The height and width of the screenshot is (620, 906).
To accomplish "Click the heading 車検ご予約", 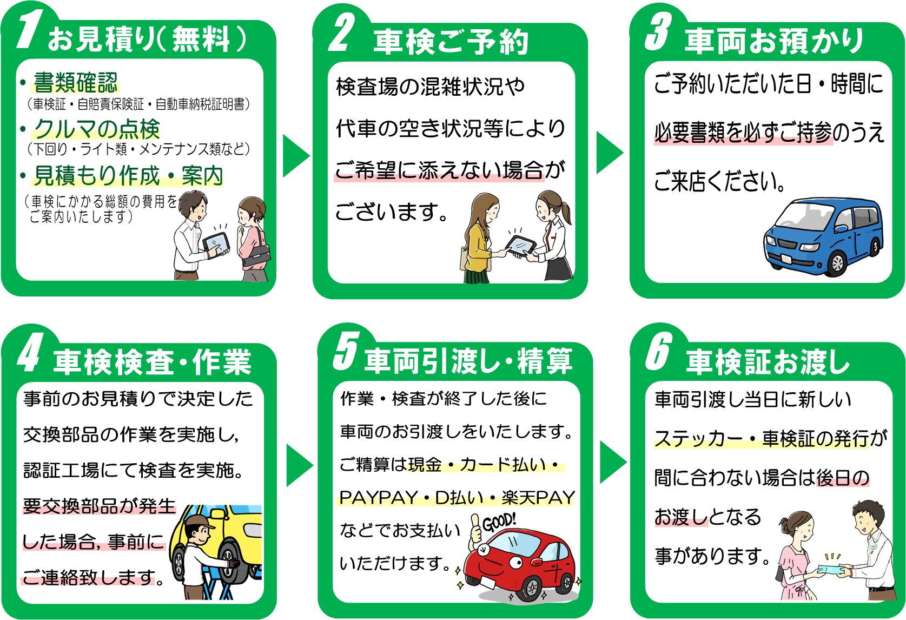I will tap(451, 42).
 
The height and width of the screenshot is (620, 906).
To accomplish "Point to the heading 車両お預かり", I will tap(774, 41).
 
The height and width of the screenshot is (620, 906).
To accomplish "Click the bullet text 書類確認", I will tap(75, 83).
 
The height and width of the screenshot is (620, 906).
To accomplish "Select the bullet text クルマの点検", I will tap(97, 129).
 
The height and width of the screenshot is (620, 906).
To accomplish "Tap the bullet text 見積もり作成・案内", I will tap(128, 175).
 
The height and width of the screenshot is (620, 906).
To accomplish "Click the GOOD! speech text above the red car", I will tap(499, 522).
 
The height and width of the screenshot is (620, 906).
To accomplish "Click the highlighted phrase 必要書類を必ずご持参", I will tap(743, 133).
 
